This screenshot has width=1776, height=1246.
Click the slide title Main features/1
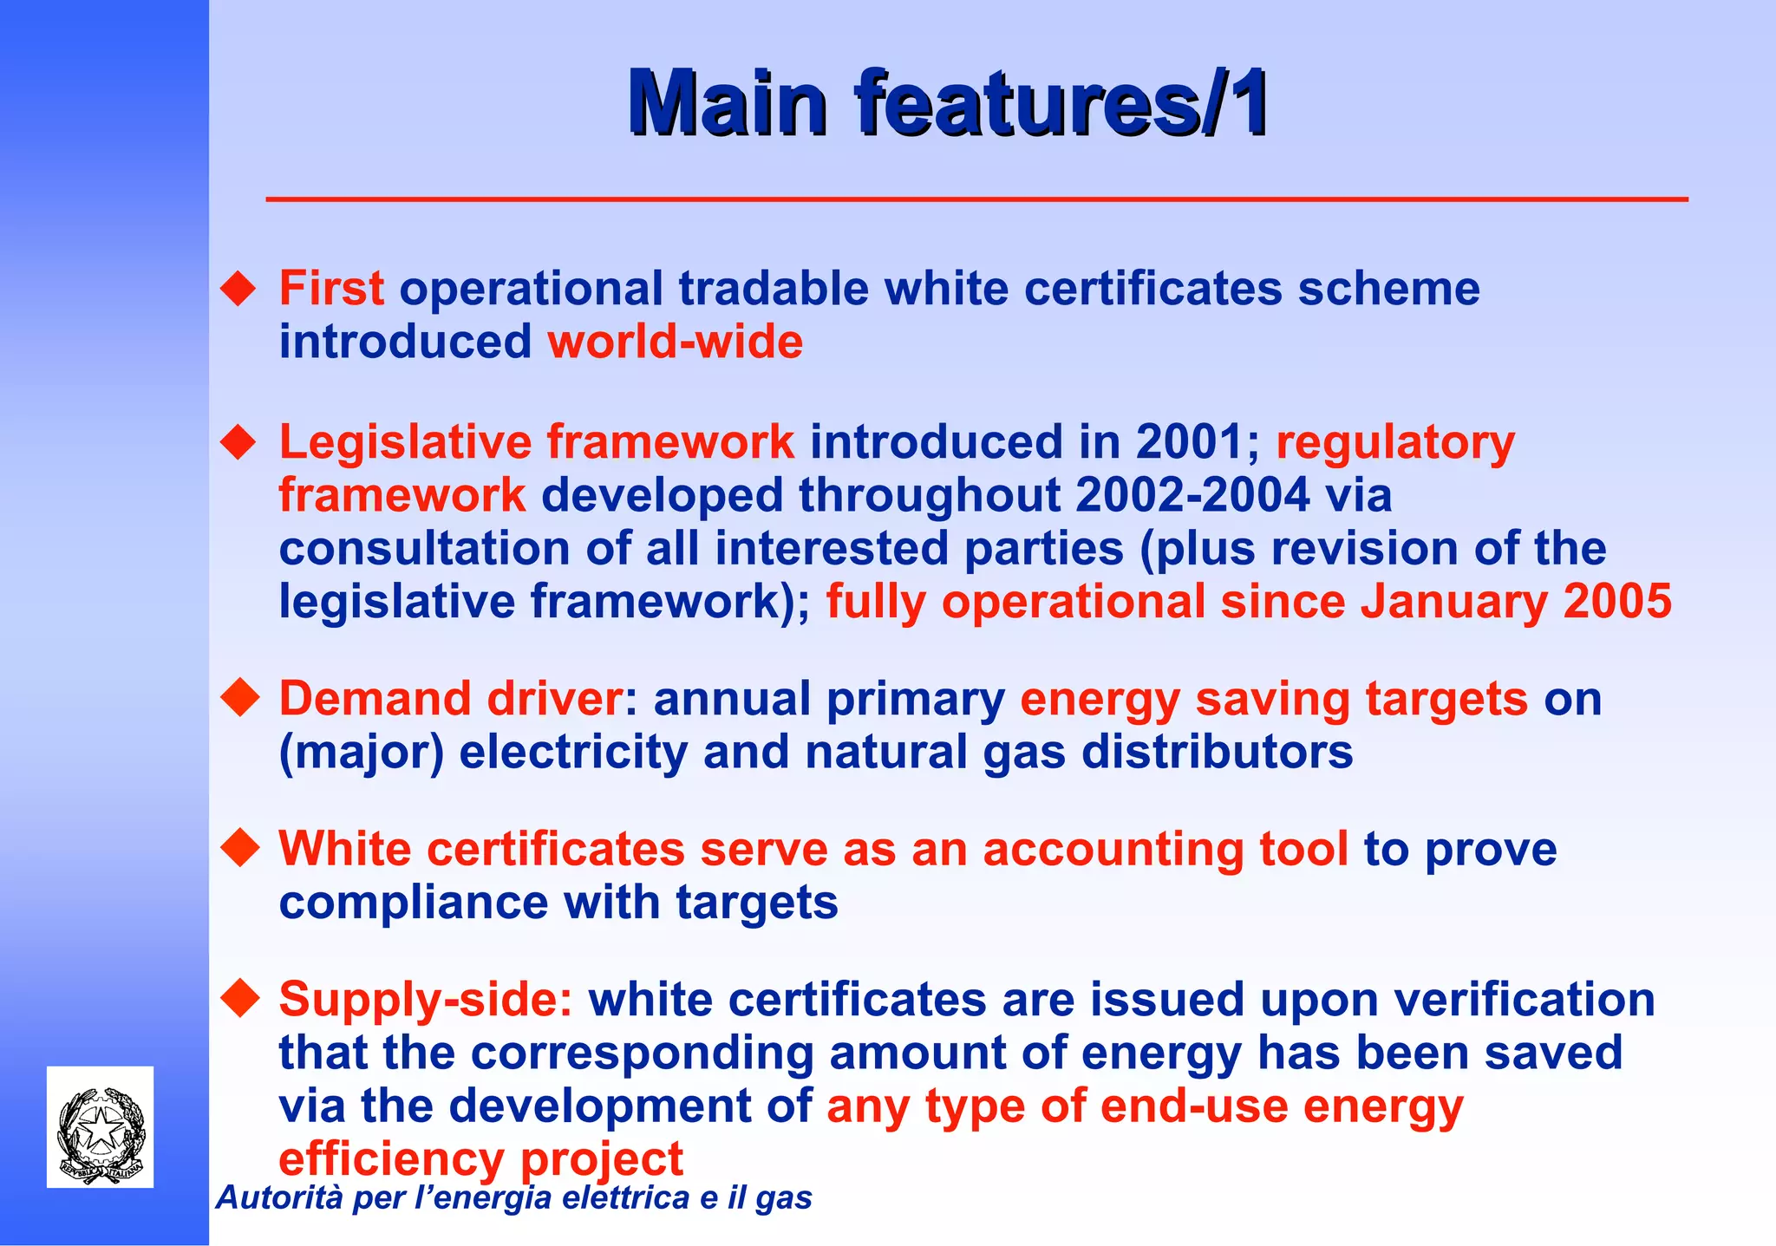pyautogui.click(x=949, y=104)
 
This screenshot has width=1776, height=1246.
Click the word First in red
pyautogui.click(x=331, y=289)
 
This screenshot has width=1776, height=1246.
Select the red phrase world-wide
pyautogui.click(x=675, y=342)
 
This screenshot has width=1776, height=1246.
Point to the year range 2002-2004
pyautogui.click(x=1192, y=495)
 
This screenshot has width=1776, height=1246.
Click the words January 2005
pyautogui.click(x=1516, y=602)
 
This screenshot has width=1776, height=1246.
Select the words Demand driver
pyautogui.click(x=450, y=699)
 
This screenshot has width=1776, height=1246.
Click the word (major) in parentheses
pyautogui.click(x=361, y=753)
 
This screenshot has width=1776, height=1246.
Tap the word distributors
pyautogui.click(x=1212, y=752)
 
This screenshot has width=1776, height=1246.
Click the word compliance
pyautogui.click(x=414, y=903)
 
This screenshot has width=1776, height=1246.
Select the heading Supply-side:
pyautogui.click(x=426, y=1000)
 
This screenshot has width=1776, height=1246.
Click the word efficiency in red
pyautogui.click(x=391, y=1159)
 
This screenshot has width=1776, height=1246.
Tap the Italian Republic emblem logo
pyautogui.click(x=101, y=1127)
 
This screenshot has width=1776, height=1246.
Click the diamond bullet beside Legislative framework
pyautogui.click(x=239, y=442)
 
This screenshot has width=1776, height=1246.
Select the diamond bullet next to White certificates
pyautogui.click(x=239, y=848)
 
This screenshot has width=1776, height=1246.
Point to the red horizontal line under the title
pyautogui.click(x=976, y=199)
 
